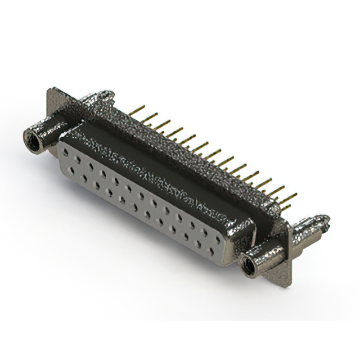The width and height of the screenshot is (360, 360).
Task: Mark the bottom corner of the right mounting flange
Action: [x=289, y=283]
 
